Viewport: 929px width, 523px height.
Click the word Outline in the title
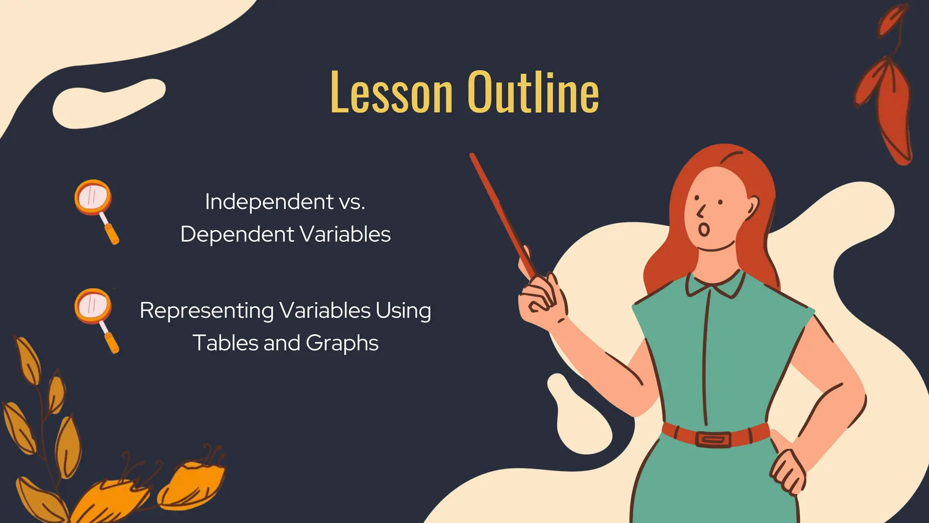pos(533,93)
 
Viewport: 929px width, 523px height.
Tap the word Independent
pos(269,202)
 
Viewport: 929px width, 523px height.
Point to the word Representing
pos(206,311)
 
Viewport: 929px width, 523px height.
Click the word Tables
pos(224,343)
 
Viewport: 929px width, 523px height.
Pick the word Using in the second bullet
pos(403,311)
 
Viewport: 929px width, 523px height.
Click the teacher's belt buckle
pos(713,439)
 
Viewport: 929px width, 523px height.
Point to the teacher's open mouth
pos(704,229)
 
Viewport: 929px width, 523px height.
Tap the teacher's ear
pos(752,207)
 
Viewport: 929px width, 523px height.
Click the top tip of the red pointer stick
pos(472,156)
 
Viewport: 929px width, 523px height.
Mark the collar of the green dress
pos(714,285)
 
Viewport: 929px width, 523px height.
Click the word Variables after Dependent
pos(345,235)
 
